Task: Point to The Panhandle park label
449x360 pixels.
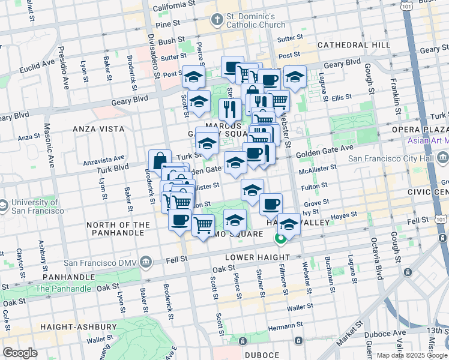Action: pos(63,289)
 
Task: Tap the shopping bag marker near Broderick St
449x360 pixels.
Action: pos(160,160)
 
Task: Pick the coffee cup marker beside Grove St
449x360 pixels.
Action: pos(271,203)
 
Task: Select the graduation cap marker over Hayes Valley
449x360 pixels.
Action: pos(289,224)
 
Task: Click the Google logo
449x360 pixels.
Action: pos(20,352)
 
